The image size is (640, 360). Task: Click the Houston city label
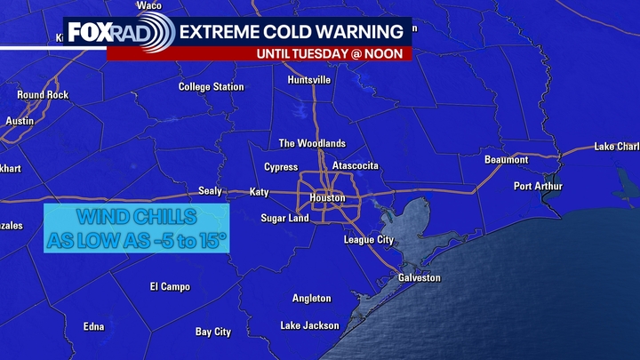326,197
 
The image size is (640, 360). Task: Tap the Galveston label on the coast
418,278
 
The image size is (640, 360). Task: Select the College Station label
211,87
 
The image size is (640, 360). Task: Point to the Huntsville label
309,80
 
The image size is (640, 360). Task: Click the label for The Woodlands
312,143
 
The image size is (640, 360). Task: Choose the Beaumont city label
507,160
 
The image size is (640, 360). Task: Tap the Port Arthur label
537,187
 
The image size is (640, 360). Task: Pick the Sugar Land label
284,219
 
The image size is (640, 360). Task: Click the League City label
369,240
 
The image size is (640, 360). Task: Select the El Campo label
166,286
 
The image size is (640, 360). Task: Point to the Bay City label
213,332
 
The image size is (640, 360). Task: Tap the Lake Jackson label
309,325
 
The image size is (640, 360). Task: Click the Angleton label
311,299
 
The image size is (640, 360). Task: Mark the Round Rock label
43,95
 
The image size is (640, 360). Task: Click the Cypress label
281,167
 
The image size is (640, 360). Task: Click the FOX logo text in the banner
90,33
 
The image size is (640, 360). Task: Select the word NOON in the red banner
389,53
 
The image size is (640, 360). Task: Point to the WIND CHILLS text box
137,228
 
